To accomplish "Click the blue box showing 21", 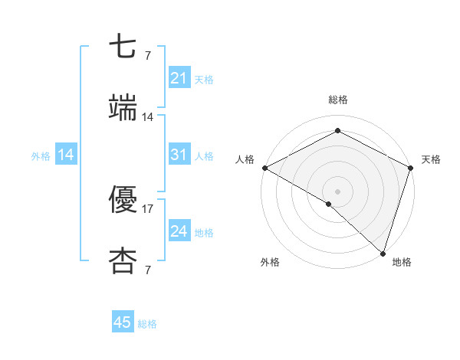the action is (x=179, y=78).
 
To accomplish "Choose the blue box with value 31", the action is (x=179, y=155).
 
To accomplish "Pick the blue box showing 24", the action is (x=179, y=231).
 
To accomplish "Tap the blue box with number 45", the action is (x=123, y=322).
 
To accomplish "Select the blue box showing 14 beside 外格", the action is (x=66, y=155).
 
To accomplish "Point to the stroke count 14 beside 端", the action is (x=148, y=117).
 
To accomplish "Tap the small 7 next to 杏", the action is (x=148, y=270).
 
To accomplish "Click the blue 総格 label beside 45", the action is (x=147, y=324).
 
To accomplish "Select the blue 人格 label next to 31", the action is (x=204, y=156).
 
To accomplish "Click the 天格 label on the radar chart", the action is (x=432, y=159).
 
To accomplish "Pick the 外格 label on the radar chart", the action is (x=270, y=263).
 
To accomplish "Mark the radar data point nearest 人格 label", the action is (x=264, y=168).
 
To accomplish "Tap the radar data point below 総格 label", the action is (x=337, y=131).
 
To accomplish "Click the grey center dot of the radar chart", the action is (x=337, y=190).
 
